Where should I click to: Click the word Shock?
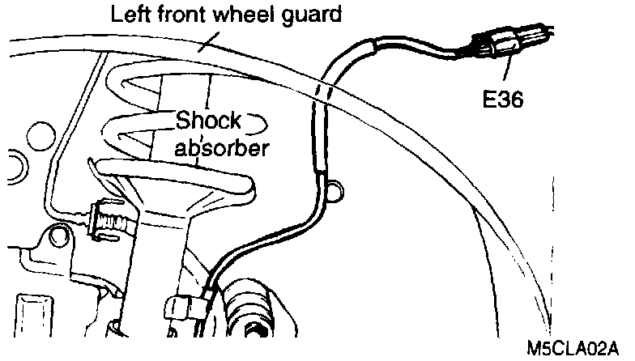210,122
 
